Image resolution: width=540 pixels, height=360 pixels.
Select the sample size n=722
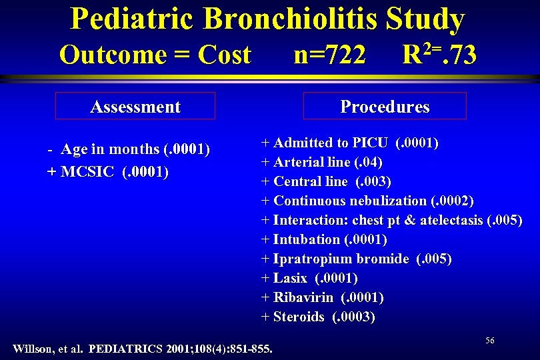329,55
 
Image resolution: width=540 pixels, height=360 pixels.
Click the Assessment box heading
135,107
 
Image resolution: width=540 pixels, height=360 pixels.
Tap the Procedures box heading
385,107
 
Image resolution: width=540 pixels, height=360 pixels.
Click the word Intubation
307,239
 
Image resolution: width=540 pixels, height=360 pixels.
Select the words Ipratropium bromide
341,259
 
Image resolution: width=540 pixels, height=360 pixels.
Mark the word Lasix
290,278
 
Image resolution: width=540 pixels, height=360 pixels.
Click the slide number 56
490,341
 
